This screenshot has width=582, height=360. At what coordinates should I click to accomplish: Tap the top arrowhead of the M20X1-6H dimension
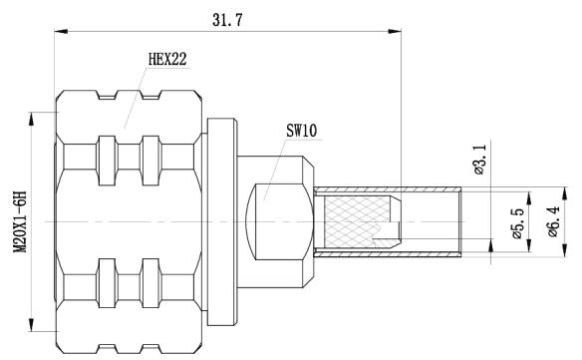click(x=34, y=116)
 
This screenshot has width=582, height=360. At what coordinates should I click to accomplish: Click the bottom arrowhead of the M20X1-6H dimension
click(x=34, y=327)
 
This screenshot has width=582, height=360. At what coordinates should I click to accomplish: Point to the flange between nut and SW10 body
click(x=221, y=219)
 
